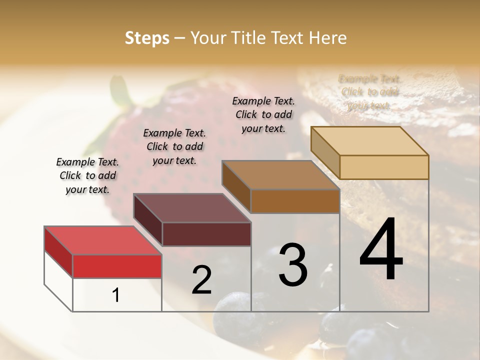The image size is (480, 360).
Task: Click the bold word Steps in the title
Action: point(147,38)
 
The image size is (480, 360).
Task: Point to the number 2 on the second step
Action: point(201,280)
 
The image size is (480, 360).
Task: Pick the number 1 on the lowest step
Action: point(116,295)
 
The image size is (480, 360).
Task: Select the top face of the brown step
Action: point(281,175)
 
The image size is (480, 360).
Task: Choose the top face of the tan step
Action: point(370,141)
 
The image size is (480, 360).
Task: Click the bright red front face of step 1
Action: point(117,266)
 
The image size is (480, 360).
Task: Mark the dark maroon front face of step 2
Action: point(206,234)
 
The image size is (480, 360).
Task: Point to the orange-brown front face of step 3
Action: point(295,201)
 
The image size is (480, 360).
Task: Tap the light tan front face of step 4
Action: point(384,167)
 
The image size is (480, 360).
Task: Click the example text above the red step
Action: point(87,175)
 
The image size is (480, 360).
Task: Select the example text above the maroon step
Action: point(174,146)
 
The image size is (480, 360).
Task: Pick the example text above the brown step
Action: point(263,114)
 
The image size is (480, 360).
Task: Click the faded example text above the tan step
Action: point(369,92)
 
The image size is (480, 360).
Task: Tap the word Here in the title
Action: point(328,38)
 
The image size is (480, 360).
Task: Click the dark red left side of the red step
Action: point(58,251)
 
